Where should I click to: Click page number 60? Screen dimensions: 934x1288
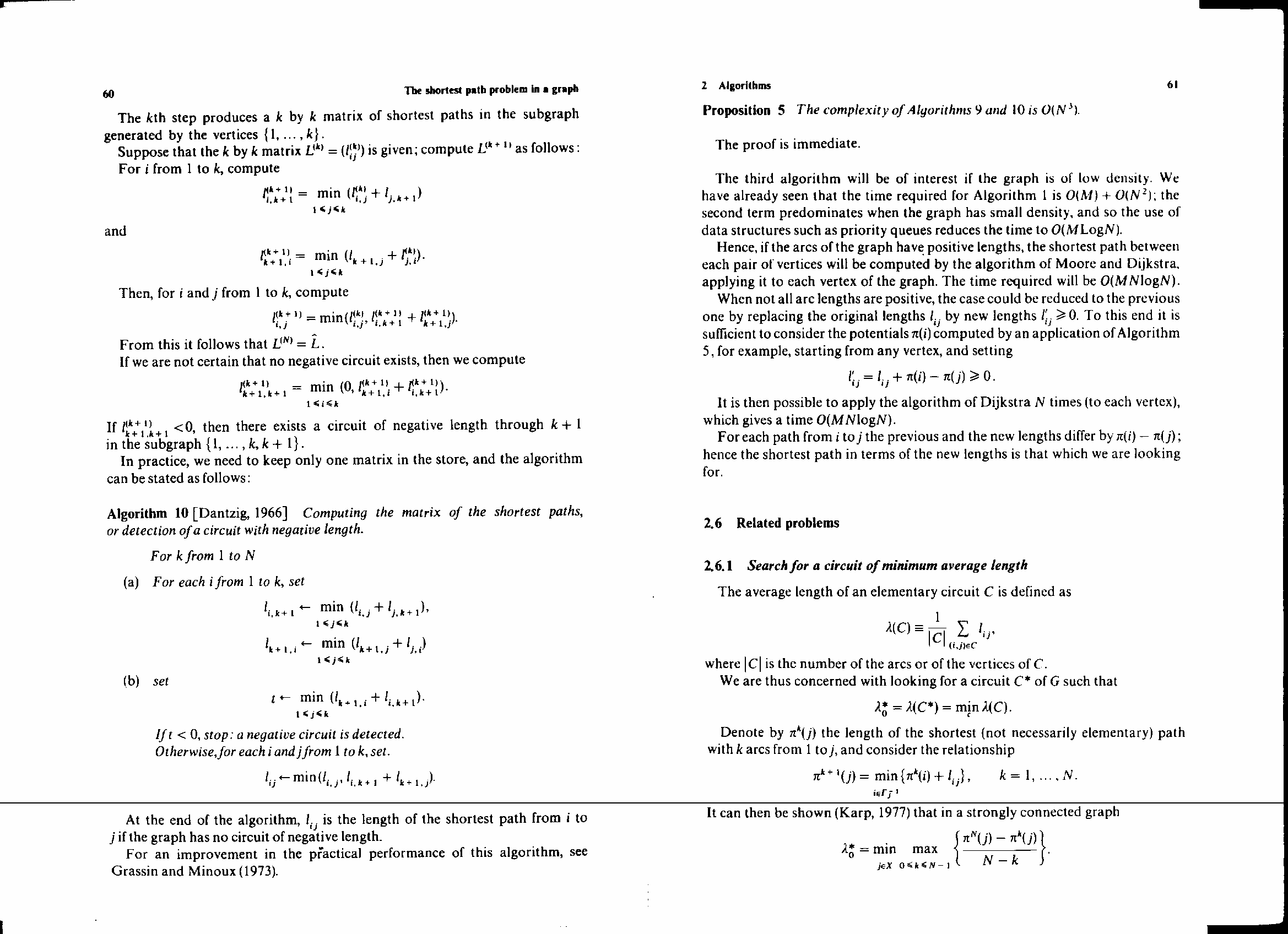point(109,94)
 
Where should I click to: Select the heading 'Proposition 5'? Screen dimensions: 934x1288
point(743,110)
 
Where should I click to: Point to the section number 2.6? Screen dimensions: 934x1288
point(712,523)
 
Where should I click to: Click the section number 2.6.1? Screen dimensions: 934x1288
point(718,566)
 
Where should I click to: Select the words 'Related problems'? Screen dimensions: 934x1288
point(788,523)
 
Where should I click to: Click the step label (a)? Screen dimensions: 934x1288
point(131,582)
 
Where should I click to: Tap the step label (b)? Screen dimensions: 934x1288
point(131,681)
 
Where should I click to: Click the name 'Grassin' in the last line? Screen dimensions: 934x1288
point(134,871)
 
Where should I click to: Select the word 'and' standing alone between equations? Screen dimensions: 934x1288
point(115,231)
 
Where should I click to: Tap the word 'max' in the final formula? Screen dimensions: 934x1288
point(924,849)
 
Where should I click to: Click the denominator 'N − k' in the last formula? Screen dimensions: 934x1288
point(1000,860)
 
